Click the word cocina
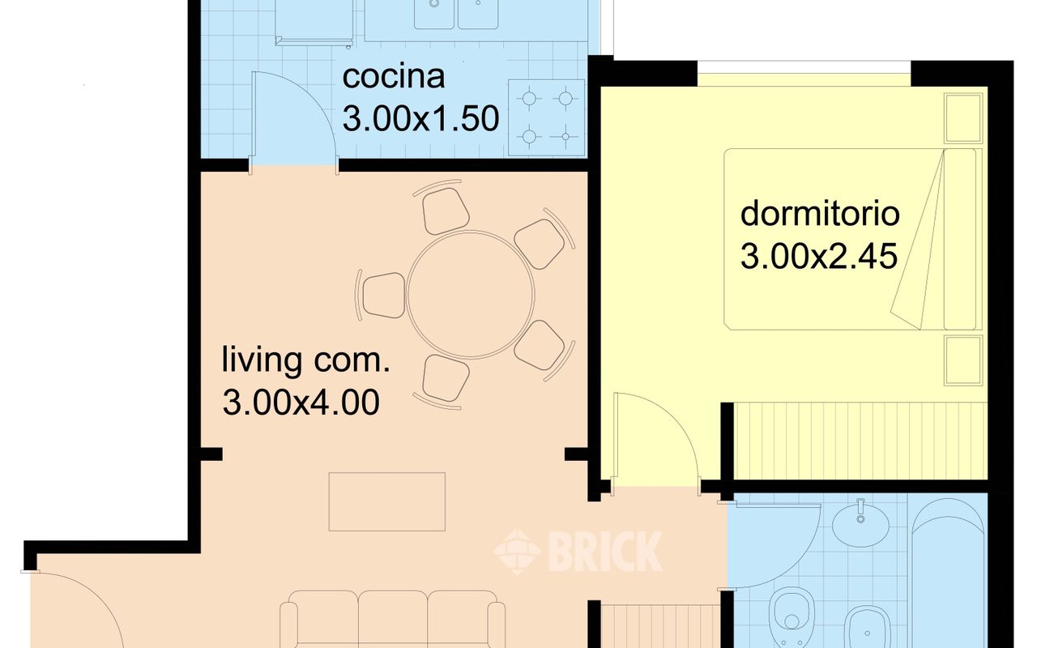click(394, 77)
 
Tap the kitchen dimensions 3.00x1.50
click(420, 119)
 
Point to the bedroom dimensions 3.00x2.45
click(819, 256)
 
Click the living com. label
click(306, 360)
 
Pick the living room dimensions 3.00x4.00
click(301, 403)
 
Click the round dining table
click(471, 295)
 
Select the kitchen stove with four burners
click(546, 117)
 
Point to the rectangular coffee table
click(387, 501)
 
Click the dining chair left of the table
click(383, 296)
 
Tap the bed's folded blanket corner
click(919, 241)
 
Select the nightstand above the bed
click(963, 118)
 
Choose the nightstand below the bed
click(963, 360)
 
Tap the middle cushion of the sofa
click(393, 618)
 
